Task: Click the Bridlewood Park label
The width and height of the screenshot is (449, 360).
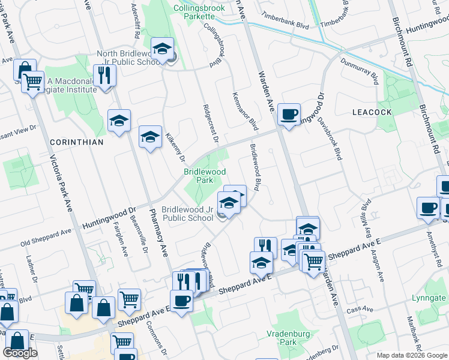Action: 205,176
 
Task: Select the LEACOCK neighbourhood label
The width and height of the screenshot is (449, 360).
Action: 372,112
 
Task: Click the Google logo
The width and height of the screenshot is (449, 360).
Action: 20,353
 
